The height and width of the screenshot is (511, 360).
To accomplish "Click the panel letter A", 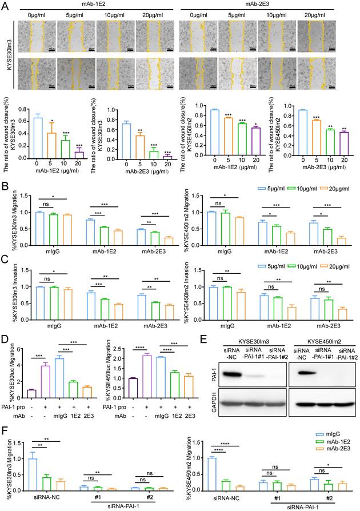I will [5, 5].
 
